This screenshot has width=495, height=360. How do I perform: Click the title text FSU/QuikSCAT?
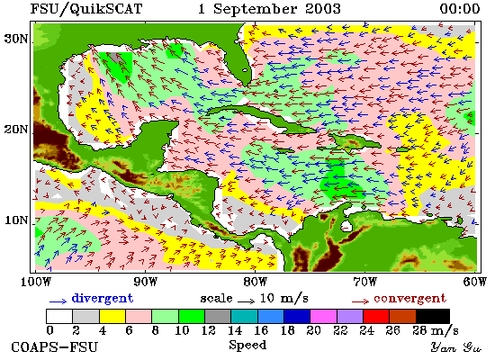click(x=86, y=9)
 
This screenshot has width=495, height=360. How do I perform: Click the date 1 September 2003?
click(x=269, y=9)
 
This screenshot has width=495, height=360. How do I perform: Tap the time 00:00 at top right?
click(x=460, y=8)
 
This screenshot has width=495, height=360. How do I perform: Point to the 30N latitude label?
click(x=16, y=40)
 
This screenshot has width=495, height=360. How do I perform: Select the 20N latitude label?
click(x=16, y=130)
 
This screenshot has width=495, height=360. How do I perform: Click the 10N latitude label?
click(x=16, y=220)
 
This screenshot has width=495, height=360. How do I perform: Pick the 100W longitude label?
click(x=35, y=282)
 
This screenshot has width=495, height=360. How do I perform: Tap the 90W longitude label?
click(x=145, y=282)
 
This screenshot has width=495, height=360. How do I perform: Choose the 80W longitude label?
click(x=255, y=282)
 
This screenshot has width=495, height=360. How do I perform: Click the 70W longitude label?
click(x=364, y=282)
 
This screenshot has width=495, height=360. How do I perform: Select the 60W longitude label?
click(x=475, y=282)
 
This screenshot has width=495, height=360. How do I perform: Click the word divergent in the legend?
click(x=103, y=298)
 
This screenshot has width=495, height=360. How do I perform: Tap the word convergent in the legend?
click(x=410, y=299)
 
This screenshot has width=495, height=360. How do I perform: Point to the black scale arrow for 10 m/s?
click(x=247, y=301)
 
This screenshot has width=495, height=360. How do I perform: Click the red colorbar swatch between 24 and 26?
click(x=376, y=316)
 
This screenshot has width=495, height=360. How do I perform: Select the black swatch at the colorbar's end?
click(x=433, y=316)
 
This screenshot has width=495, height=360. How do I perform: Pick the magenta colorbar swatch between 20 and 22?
click(x=323, y=316)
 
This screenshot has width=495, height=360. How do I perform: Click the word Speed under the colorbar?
click(x=247, y=345)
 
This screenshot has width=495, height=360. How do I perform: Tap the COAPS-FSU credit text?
click(x=55, y=347)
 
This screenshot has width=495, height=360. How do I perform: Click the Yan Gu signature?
click(x=456, y=347)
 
